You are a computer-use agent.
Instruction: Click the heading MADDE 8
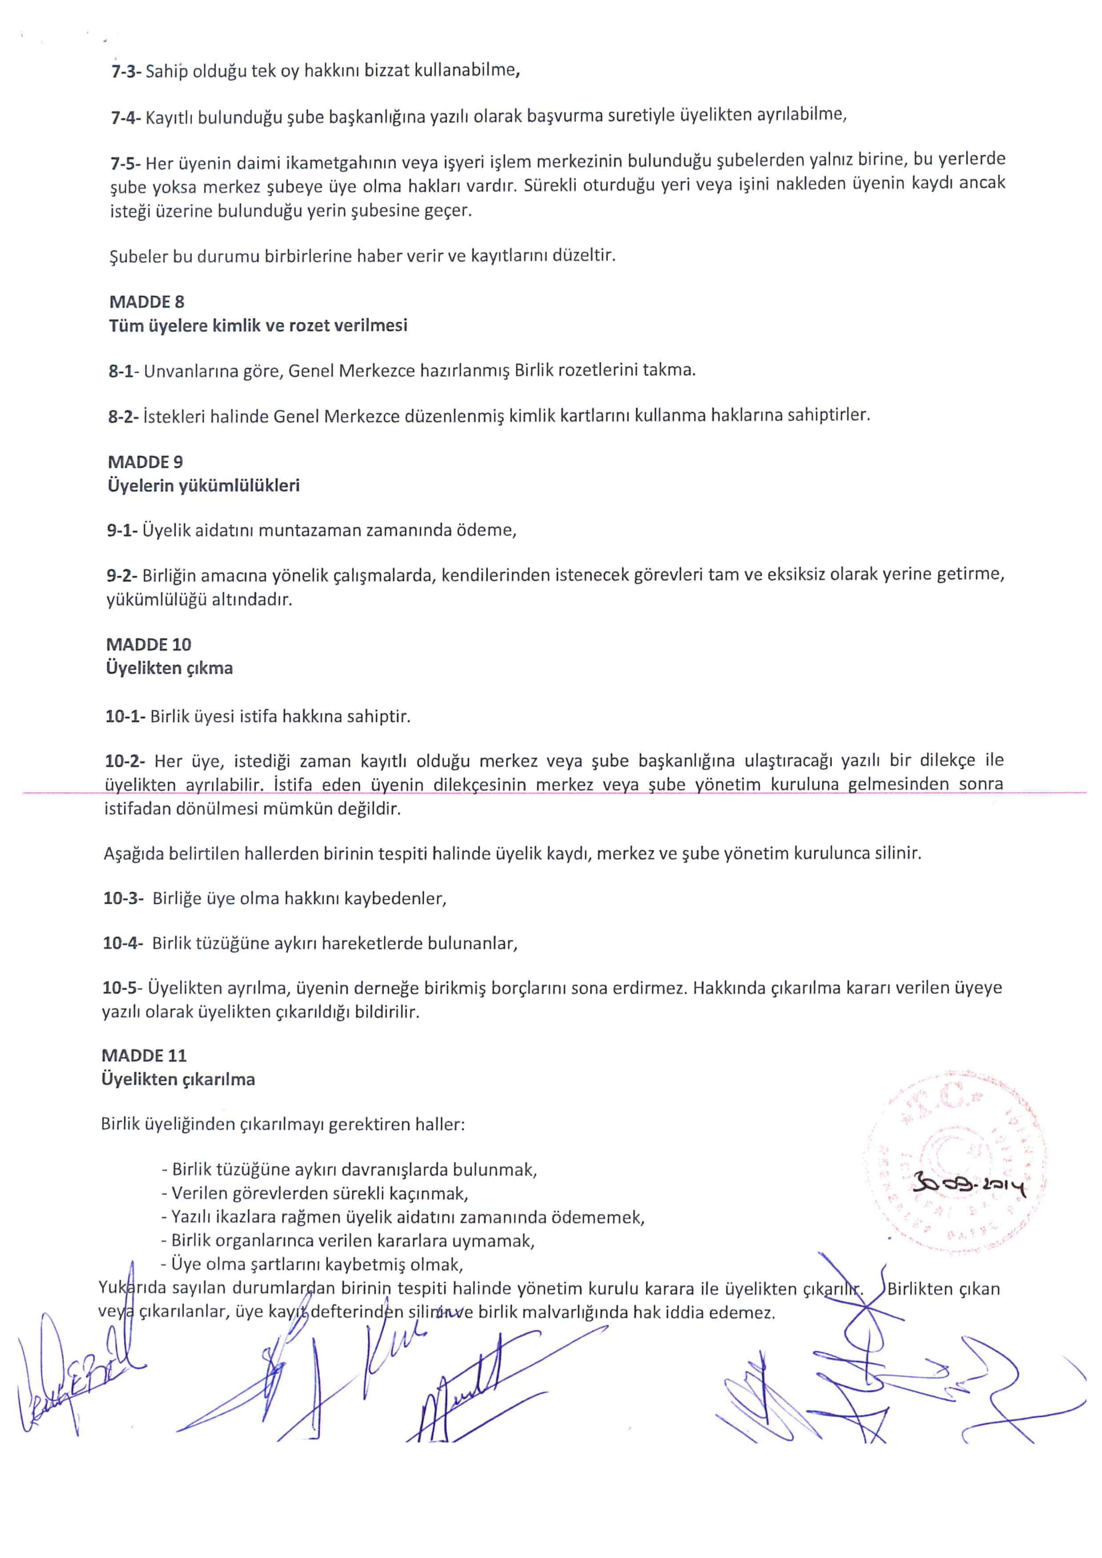[147, 302]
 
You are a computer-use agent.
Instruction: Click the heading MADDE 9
[145, 462]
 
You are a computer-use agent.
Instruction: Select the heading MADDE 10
[149, 644]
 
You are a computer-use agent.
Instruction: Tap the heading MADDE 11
[144, 1055]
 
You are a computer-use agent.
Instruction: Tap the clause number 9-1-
[122, 531]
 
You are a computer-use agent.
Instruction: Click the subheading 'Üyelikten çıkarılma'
[178, 1079]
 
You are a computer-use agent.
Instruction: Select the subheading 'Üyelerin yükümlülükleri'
[203, 486]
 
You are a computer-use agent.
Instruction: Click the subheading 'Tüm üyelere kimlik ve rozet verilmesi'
[258, 326]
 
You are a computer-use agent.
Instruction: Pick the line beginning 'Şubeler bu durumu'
[362, 257]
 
